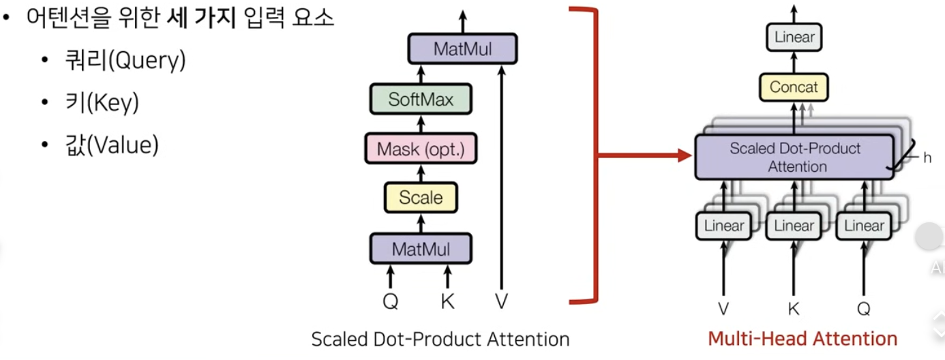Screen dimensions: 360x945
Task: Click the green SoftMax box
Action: pos(421,100)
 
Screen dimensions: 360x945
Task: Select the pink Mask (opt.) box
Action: pos(421,149)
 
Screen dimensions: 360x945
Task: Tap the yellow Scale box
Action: pos(421,198)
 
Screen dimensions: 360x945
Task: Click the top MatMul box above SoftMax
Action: pos(463,49)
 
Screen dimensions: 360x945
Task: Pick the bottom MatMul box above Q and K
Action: pos(421,248)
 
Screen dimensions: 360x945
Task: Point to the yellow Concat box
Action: pos(794,87)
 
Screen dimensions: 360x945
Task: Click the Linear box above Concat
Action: pos(794,37)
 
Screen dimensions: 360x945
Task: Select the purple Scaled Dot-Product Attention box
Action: pos(794,157)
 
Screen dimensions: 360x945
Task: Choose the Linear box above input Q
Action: pos(864,226)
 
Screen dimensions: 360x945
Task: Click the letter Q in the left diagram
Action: pos(390,302)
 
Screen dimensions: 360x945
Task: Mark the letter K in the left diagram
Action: pos(447,302)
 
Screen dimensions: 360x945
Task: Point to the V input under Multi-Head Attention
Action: pos(723,310)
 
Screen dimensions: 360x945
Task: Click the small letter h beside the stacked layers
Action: pos(927,157)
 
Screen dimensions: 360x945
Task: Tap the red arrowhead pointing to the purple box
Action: pos(685,157)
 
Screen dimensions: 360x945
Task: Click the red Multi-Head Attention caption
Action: pos(802,338)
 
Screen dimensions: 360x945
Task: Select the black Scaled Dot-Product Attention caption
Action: pos(440,339)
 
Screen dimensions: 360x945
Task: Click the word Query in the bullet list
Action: pos(147,61)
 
